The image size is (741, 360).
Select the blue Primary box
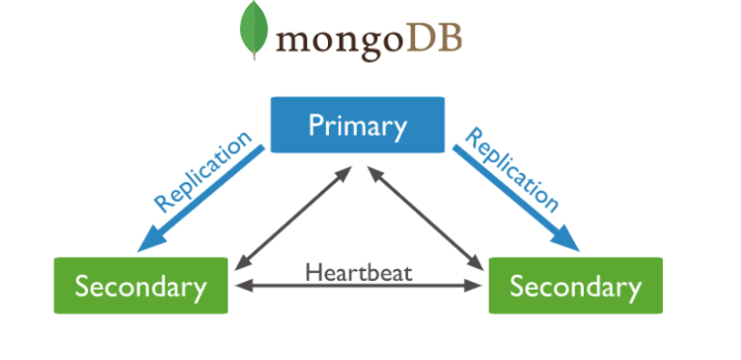[x=357, y=125]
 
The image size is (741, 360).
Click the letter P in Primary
[x=315, y=125]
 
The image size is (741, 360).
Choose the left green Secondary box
[x=141, y=286]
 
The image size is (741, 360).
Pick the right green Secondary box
[x=575, y=286]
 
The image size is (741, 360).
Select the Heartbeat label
[x=359, y=271]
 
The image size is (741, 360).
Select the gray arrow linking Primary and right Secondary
[x=425, y=217]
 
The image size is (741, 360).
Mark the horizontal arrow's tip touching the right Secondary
[x=477, y=286]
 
